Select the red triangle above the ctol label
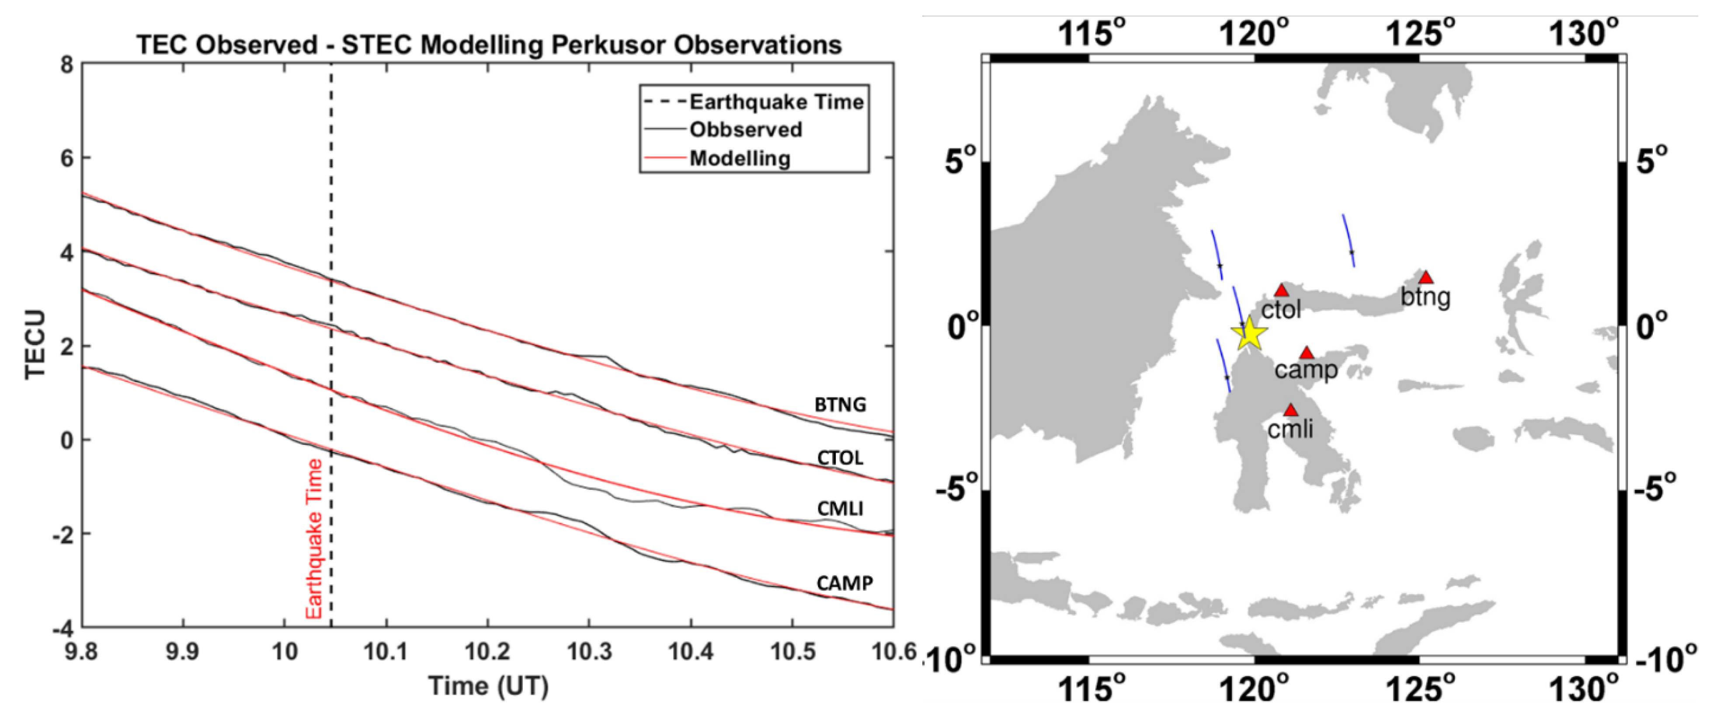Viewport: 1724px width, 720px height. (1281, 291)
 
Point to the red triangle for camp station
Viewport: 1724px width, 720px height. (1307, 353)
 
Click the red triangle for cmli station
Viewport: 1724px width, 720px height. (1290, 410)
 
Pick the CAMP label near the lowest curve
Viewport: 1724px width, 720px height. (844, 584)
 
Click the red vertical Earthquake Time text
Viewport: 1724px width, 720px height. (314, 539)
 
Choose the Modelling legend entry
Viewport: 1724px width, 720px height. (740, 159)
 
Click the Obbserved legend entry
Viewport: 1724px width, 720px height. (746, 129)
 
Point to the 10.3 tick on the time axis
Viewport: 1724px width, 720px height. (589, 651)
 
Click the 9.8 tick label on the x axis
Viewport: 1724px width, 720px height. (81, 651)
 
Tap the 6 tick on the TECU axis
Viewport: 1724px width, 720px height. (66, 159)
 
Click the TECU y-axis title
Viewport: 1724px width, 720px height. (35, 345)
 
